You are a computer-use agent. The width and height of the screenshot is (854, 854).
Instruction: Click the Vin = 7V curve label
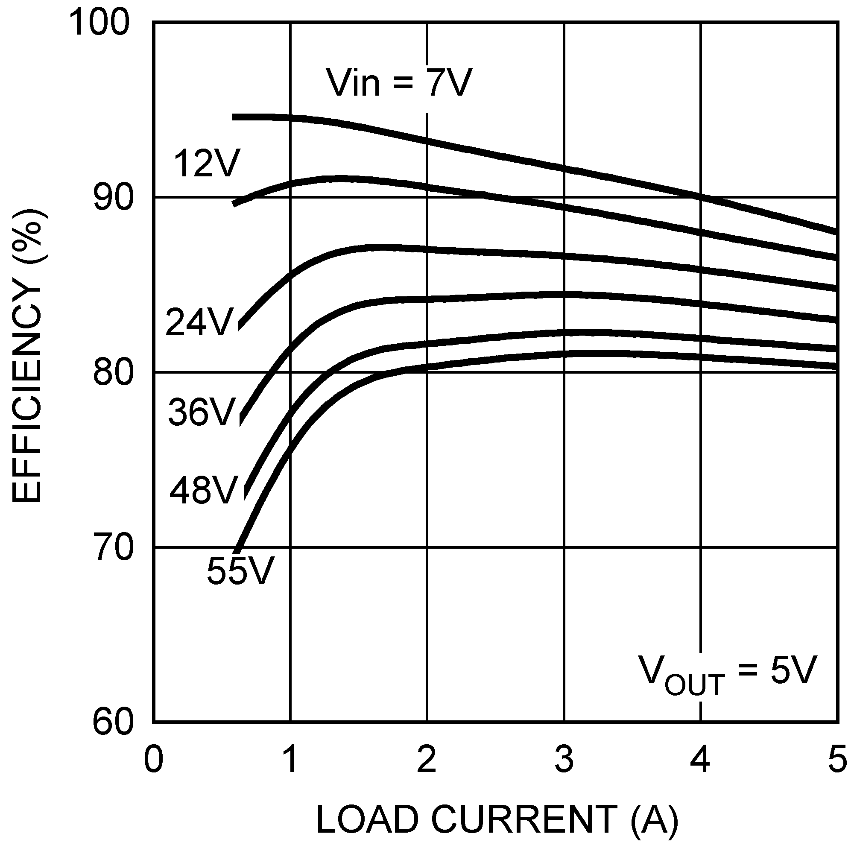pos(399,83)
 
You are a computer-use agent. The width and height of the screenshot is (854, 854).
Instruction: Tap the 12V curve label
pos(207,164)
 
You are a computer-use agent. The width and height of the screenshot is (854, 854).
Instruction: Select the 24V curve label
pos(199,322)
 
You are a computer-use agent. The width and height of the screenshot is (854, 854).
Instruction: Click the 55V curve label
pos(240,570)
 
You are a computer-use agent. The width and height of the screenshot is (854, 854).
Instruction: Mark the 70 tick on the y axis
pos(113,548)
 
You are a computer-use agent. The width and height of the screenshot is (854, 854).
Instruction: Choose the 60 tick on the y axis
pos(113,723)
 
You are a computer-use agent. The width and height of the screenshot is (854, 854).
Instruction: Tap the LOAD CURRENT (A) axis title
pos(497,819)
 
